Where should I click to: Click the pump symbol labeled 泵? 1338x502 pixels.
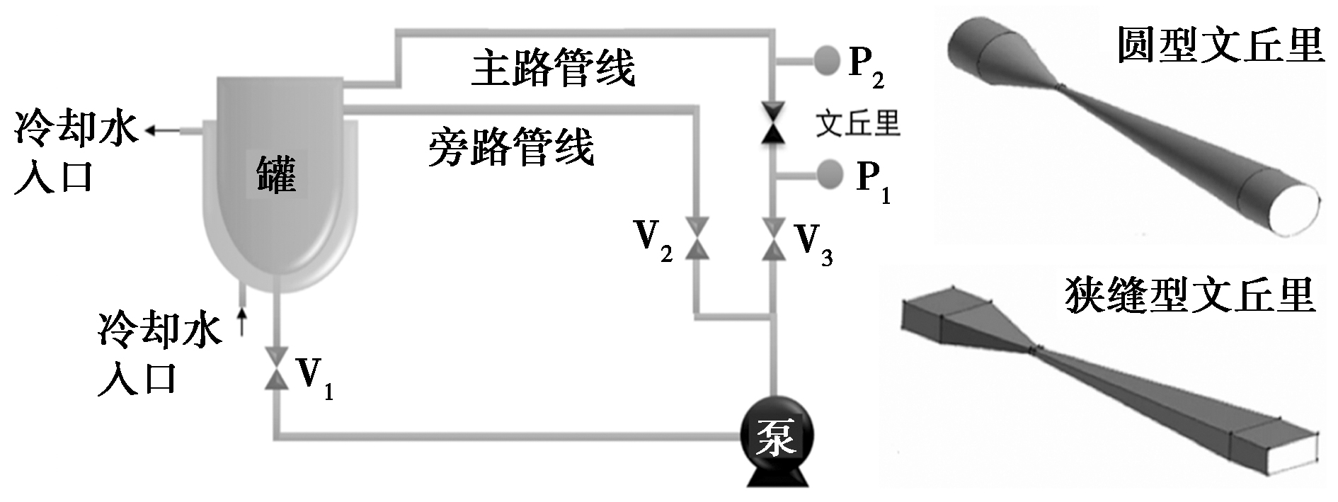pyautogui.click(x=777, y=438)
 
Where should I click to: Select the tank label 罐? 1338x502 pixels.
pyautogui.click(x=276, y=174)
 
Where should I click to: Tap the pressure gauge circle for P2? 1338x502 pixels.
pyautogui.click(x=825, y=60)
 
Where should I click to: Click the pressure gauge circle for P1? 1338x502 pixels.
pyautogui.click(x=829, y=173)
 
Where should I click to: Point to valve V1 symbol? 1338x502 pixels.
pyautogui.click(x=276, y=367)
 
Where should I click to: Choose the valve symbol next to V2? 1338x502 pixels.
pyautogui.click(x=697, y=239)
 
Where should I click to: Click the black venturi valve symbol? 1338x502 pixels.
pyautogui.click(x=772, y=123)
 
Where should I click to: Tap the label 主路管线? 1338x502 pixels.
pyautogui.click(x=554, y=69)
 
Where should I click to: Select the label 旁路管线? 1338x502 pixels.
pyautogui.click(x=511, y=148)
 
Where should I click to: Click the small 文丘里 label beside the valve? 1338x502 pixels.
pyautogui.click(x=857, y=123)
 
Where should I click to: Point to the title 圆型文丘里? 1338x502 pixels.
pyautogui.click(x=1220, y=45)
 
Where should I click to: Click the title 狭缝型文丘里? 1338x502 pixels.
pyautogui.click(x=1189, y=295)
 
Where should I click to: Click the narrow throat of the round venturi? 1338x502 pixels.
pyautogui.click(x=1062, y=89)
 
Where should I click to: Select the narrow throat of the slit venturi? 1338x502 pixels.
pyautogui.click(x=1036, y=348)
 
